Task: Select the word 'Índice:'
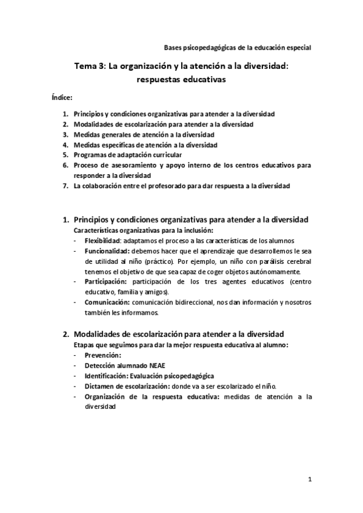pyautogui.click(x=62, y=97)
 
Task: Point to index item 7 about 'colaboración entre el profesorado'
pyautogui.click(x=182, y=186)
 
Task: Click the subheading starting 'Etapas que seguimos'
pyautogui.click(x=180, y=344)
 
